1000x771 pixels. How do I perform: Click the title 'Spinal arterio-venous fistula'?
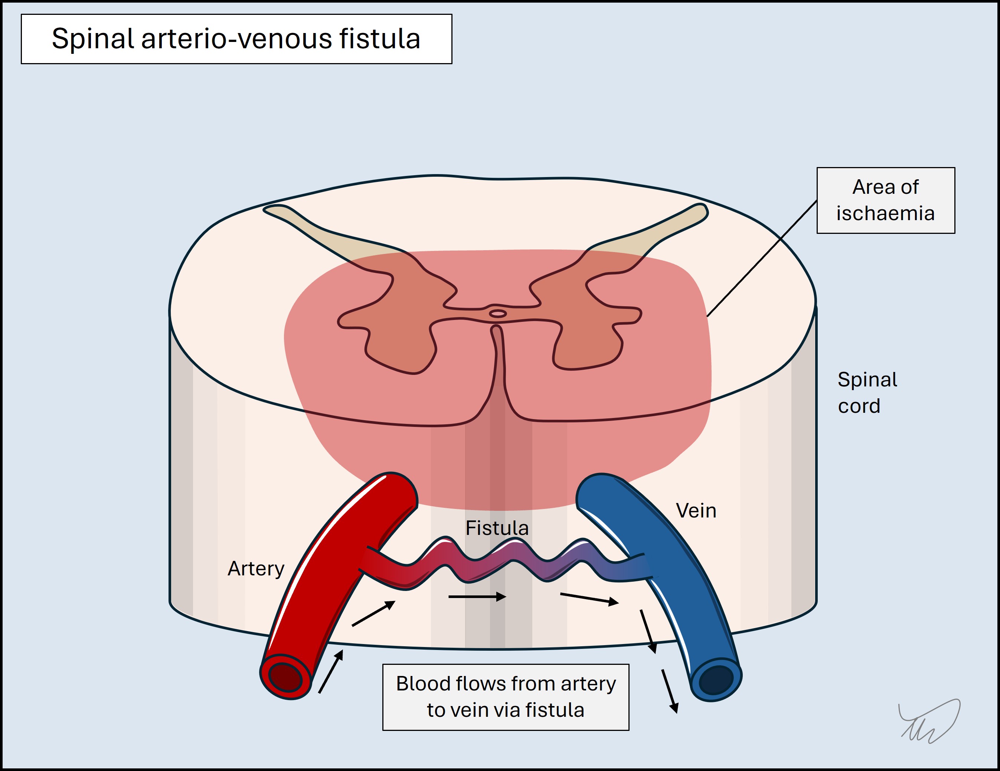(236, 39)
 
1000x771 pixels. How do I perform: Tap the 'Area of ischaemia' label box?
(886, 200)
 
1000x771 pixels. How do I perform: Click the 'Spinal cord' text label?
(867, 392)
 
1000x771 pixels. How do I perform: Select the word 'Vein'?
(696, 510)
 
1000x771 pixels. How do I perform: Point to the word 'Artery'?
(256, 568)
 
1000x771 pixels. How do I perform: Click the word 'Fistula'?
(497, 528)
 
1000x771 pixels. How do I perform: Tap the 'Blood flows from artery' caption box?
(506, 697)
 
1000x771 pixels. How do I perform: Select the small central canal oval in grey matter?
(498, 314)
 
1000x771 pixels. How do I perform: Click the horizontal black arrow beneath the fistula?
(477, 597)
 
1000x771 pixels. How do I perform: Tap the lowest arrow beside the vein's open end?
(669, 691)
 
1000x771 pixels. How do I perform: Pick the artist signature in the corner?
(929, 721)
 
